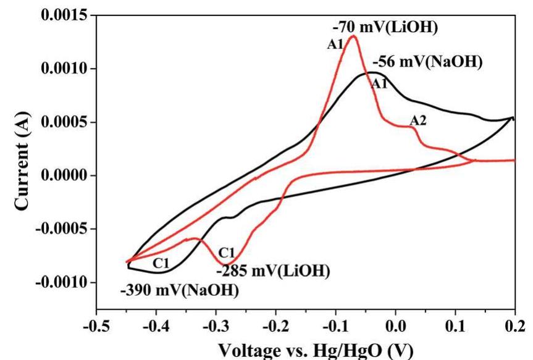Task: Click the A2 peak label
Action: (418, 120)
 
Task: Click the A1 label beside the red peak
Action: (334, 44)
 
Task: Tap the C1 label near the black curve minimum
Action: (162, 263)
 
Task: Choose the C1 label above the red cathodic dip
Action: (227, 251)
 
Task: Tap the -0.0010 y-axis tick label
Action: (56, 283)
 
